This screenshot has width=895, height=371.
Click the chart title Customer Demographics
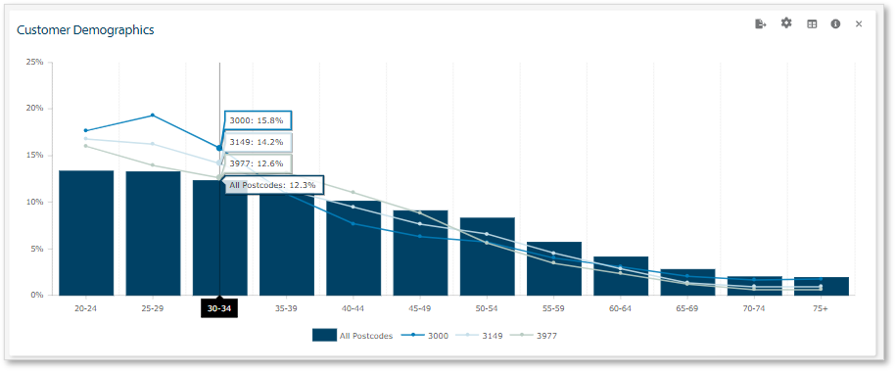[85, 30]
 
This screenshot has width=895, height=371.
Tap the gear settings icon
[786, 23]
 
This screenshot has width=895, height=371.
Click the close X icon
[859, 23]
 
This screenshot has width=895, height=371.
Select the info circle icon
[835, 23]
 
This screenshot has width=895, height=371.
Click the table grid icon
[812, 23]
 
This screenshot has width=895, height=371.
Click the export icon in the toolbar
[761, 23]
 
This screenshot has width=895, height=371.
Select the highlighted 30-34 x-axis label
[219, 307]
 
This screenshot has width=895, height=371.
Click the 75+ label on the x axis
[821, 307]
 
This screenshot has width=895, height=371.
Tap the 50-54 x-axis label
[487, 307]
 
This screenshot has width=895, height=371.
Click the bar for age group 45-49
[420, 253]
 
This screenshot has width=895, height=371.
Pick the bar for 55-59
[553, 268]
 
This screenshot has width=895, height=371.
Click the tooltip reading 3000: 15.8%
[258, 120]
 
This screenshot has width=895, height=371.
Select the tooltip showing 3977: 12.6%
[258, 163]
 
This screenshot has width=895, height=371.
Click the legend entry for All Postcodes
[353, 336]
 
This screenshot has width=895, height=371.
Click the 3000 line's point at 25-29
[153, 116]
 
